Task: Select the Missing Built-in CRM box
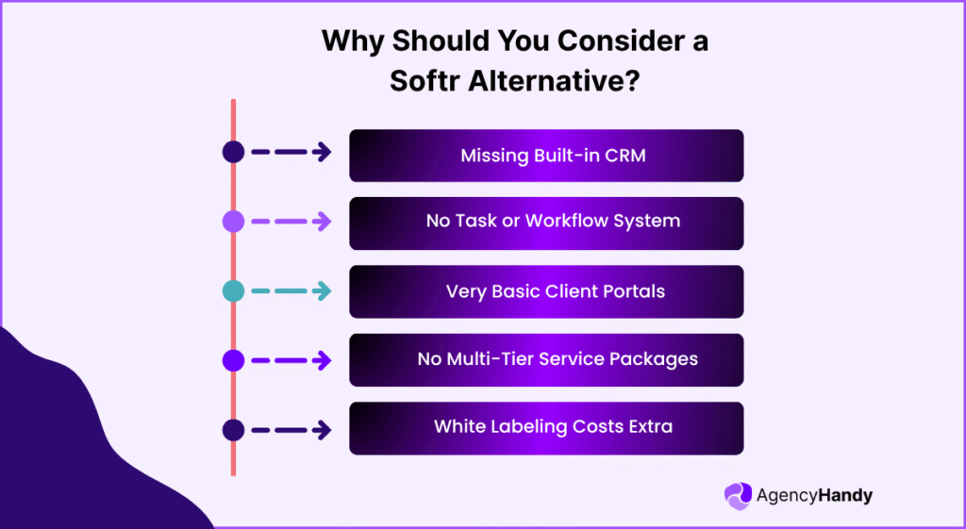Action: [546, 156]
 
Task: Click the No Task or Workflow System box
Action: [546, 223]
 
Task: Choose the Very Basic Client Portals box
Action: [546, 292]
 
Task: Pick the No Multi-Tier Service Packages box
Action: [546, 360]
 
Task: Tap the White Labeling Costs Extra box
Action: [546, 429]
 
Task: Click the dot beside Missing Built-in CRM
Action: [234, 152]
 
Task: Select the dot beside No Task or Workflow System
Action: [234, 221]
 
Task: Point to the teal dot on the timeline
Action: [234, 290]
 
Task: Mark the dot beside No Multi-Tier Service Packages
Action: [234, 360]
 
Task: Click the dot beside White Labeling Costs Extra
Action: [234, 430]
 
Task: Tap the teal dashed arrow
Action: [291, 290]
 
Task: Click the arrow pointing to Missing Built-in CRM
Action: [291, 152]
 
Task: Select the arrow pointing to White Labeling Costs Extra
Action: [291, 430]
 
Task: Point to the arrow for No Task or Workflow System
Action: [291, 221]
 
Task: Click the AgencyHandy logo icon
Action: [738, 496]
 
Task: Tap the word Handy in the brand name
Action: [846, 496]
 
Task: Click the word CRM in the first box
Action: [625, 156]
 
